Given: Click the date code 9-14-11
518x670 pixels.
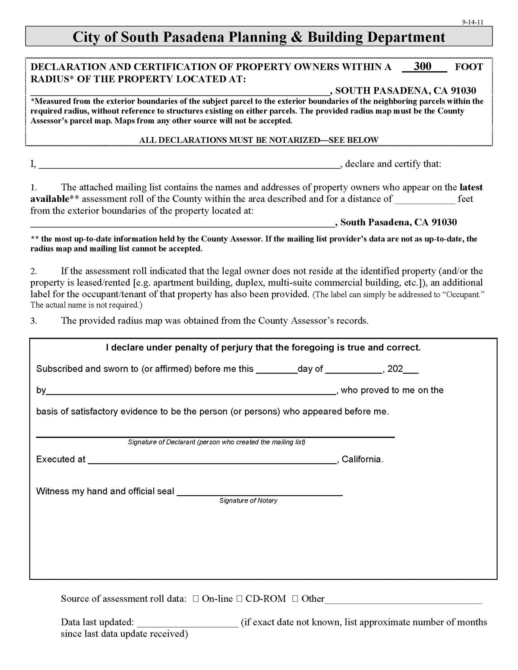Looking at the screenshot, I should [472, 22].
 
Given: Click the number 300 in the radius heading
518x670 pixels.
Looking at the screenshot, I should [422, 66].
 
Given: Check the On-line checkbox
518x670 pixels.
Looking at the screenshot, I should [196, 599].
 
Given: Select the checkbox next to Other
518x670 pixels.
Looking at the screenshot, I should [295, 599].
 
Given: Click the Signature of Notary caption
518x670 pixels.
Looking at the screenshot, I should [248, 500].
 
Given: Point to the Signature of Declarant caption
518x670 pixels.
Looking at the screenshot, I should [217, 442].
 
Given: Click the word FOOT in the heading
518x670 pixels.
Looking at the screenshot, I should [469, 67].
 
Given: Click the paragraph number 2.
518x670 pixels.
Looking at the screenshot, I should [34, 271].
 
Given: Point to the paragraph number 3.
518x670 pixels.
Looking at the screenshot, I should [34, 321].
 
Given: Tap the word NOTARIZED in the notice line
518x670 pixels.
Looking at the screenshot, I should [294, 140].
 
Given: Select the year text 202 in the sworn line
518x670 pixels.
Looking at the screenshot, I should [395, 369].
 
